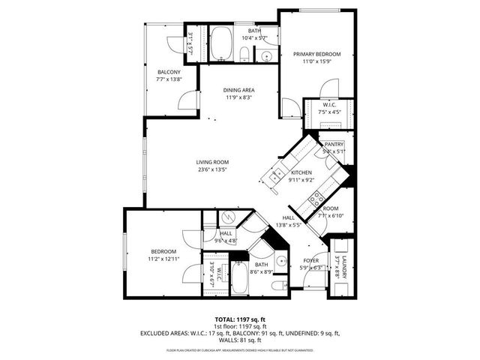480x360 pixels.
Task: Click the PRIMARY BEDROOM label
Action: point(317,55)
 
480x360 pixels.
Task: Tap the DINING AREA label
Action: point(238,90)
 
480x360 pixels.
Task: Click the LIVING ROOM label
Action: point(212,162)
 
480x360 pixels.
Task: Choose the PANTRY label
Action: point(334,144)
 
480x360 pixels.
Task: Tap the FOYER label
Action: point(310,262)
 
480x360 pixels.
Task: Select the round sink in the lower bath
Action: point(279,262)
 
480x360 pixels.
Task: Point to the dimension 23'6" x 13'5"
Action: point(212,169)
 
